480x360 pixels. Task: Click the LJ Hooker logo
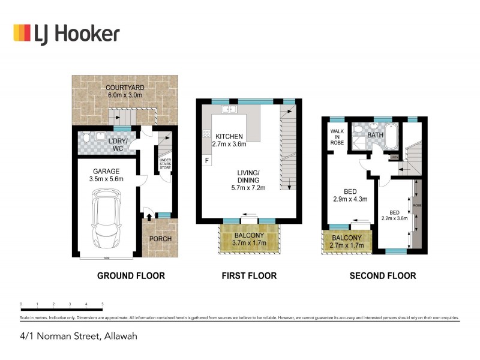point(66,34)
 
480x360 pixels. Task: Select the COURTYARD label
point(125,86)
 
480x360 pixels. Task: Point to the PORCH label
point(160,239)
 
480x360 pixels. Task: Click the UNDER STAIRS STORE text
point(164,164)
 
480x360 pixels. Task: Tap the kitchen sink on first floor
point(230,110)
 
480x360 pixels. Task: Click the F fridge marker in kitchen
point(208,161)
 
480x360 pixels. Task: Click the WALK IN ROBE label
point(335,137)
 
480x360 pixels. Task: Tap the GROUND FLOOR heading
point(131,276)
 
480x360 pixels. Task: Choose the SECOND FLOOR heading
point(382,276)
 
